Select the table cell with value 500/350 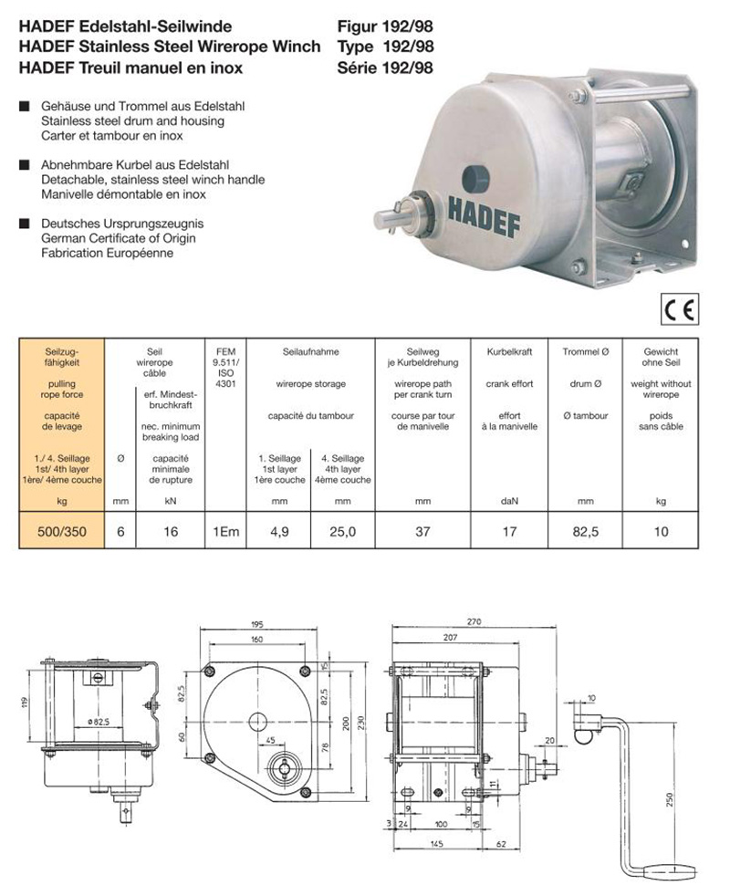point(62,532)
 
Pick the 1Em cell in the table point(225,532)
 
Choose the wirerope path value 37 point(422,532)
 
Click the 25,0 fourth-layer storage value point(342,532)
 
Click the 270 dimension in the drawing point(473,621)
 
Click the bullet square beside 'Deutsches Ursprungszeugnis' point(26,224)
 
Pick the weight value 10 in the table point(661,532)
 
